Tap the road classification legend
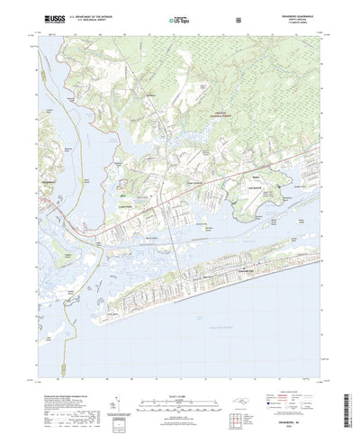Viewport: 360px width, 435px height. click(292, 371)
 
